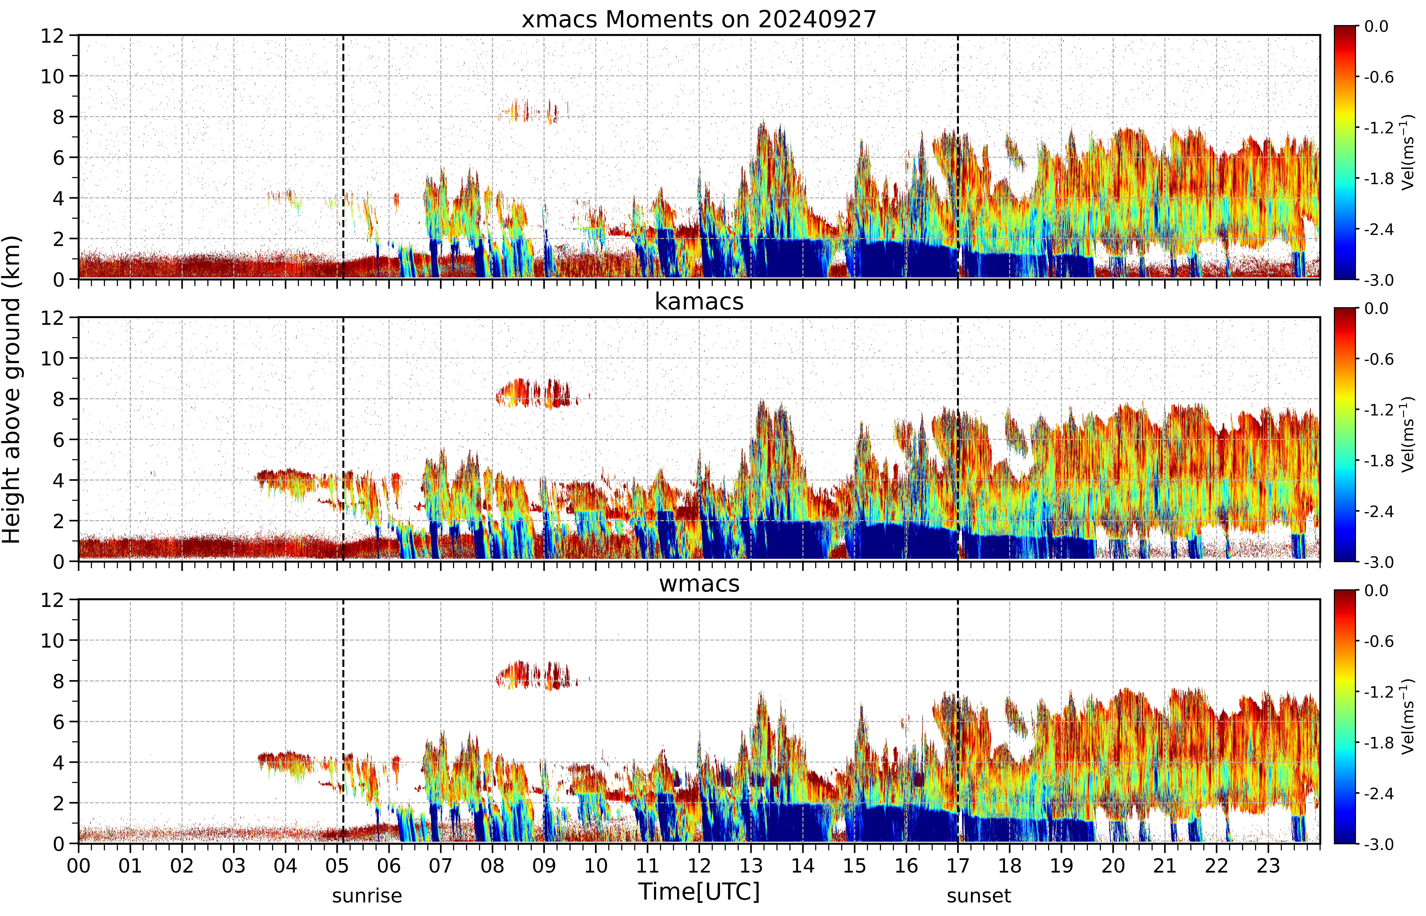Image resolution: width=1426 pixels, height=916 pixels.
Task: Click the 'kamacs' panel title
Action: [x=699, y=302]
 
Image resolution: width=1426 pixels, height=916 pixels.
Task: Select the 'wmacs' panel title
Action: [x=699, y=583]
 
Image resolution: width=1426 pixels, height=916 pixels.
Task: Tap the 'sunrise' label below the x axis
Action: [x=367, y=896]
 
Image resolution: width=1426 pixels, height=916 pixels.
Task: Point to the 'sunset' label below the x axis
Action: [x=979, y=896]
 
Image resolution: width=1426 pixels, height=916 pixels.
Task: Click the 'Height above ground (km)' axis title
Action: [x=12, y=390]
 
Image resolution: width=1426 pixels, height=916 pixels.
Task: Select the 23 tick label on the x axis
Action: [x=1268, y=865]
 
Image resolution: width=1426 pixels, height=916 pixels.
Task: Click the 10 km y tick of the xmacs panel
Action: [x=52, y=76]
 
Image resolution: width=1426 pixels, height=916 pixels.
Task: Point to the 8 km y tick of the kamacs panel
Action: [x=58, y=399]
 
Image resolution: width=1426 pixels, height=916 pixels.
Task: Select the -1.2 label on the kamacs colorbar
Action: [x=1378, y=410]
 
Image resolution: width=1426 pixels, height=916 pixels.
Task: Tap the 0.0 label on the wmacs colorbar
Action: [x=1376, y=591]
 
